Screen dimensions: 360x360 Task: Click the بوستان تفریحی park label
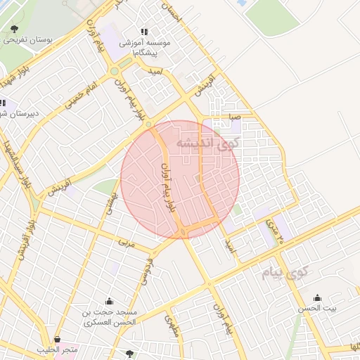click(15, 39)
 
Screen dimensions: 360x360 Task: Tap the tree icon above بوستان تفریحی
click(14, 28)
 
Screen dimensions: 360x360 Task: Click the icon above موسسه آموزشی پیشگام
click(144, 32)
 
